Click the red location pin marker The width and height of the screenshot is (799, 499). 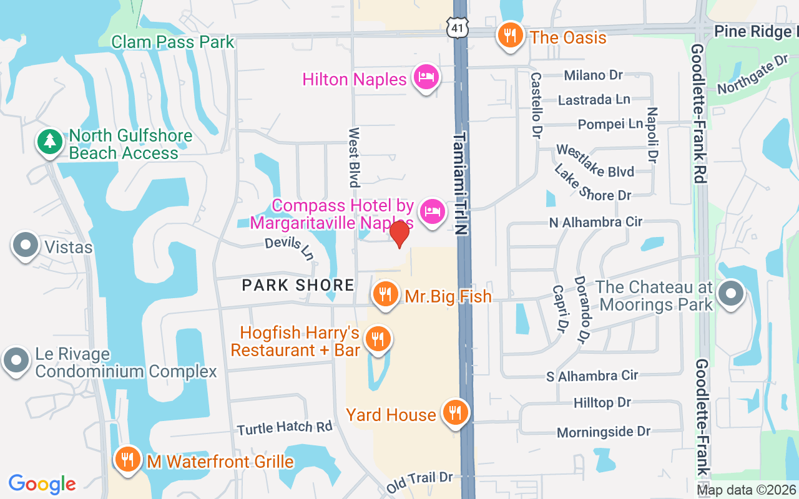[399, 234]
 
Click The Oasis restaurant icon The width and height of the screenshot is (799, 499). [511, 35]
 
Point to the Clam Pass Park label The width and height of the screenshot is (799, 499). [172, 42]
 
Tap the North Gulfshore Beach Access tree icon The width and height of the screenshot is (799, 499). [49, 142]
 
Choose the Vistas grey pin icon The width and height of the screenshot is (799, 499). [26, 245]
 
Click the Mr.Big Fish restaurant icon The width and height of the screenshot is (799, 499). [385, 293]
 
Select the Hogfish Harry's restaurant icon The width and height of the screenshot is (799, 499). [378, 339]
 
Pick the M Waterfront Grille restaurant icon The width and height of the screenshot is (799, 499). [128, 460]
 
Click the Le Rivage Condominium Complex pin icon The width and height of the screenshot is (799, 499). [16, 361]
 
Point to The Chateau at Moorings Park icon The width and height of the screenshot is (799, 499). [731, 293]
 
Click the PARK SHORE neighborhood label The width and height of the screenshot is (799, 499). [298, 286]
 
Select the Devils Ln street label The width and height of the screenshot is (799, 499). [289, 248]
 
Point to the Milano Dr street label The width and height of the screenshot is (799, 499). [593, 75]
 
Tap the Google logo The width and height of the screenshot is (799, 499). [42, 483]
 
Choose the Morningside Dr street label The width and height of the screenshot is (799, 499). [603, 432]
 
